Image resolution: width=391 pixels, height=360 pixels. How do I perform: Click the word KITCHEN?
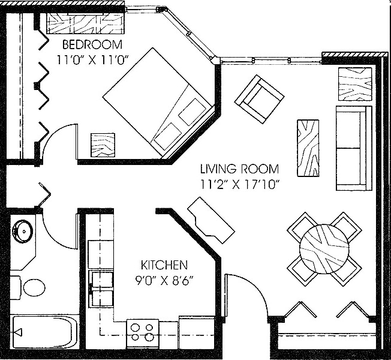pos(164,265)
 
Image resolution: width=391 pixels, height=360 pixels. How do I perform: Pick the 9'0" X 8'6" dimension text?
pos(164,279)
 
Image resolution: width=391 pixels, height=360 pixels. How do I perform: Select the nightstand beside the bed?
pos(103,145)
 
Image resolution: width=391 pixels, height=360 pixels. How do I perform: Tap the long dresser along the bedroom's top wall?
pos(85,23)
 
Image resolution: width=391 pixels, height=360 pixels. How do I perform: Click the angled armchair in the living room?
pos(259,99)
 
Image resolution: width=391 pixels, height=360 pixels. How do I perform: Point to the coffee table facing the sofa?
pos(308,148)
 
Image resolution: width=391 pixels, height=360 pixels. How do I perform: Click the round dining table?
pos(324,248)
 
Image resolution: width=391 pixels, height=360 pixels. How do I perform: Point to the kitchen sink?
pos(101,288)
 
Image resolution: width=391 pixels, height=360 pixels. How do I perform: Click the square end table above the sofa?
pos(354,83)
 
